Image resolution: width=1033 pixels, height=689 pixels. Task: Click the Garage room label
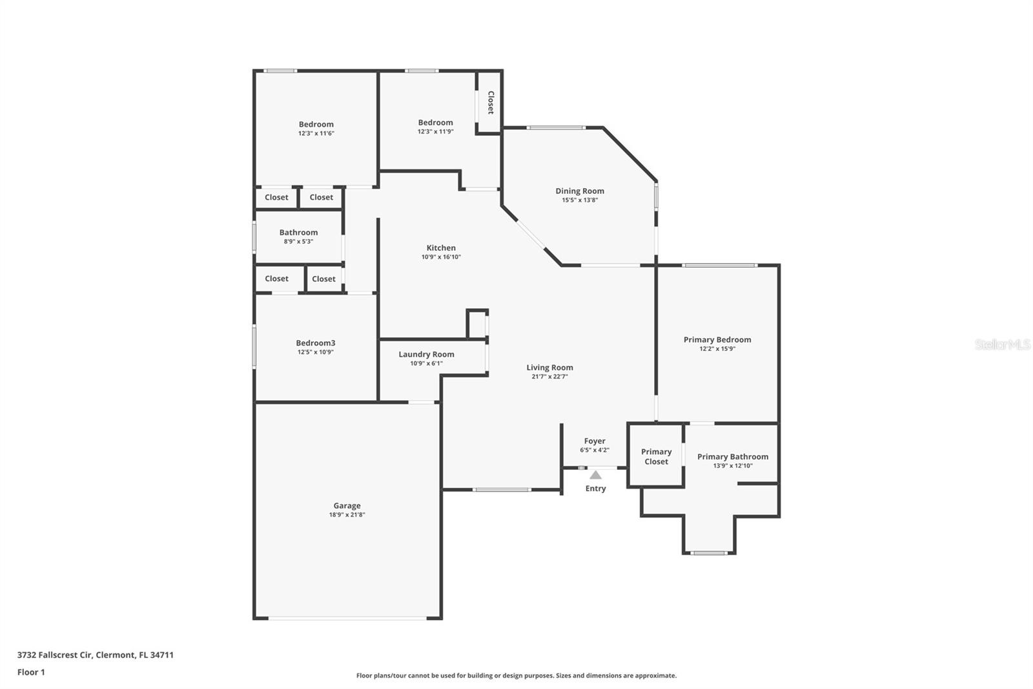(x=347, y=505)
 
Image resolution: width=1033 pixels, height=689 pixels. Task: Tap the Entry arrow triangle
(x=595, y=474)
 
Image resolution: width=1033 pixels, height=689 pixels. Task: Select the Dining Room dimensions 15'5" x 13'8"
(x=580, y=200)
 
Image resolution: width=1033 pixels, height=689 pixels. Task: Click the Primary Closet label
(x=656, y=456)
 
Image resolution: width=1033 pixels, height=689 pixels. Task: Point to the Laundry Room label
(x=426, y=354)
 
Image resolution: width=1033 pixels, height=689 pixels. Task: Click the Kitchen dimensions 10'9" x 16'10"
(x=441, y=257)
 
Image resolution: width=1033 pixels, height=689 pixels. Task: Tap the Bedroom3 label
(x=316, y=343)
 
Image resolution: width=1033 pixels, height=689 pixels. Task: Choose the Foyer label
(x=595, y=441)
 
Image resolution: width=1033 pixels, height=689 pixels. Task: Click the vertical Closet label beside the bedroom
(x=491, y=103)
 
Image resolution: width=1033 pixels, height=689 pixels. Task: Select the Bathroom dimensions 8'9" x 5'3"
(x=298, y=242)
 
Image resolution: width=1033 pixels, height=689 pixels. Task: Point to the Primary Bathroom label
(x=732, y=457)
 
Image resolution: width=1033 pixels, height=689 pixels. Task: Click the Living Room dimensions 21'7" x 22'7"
(x=549, y=376)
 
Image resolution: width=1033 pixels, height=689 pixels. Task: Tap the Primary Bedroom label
(x=717, y=339)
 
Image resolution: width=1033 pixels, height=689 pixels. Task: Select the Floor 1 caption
(x=31, y=672)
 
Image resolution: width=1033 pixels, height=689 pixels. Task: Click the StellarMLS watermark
(x=1003, y=344)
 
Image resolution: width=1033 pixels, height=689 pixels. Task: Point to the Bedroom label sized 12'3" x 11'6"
(x=316, y=124)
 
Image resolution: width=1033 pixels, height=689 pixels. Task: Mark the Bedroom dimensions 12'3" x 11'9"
(x=435, y=132)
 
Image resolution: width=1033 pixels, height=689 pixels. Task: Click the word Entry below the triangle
(x=595, y=489)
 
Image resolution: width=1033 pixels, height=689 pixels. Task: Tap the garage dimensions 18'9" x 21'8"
(x=347, y=515)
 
